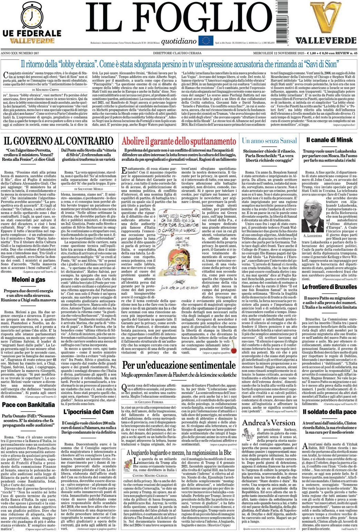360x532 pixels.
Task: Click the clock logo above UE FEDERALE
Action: click(32, 15)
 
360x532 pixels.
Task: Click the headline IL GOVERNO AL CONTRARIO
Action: click(58, 141)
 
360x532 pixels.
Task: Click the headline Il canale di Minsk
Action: click(330, 140)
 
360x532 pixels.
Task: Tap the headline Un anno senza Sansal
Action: click(269, 141)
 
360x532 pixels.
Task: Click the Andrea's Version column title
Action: click(269, 423)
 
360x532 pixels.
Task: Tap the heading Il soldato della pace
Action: click(329, 412)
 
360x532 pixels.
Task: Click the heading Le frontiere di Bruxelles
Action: click(329, 287)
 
